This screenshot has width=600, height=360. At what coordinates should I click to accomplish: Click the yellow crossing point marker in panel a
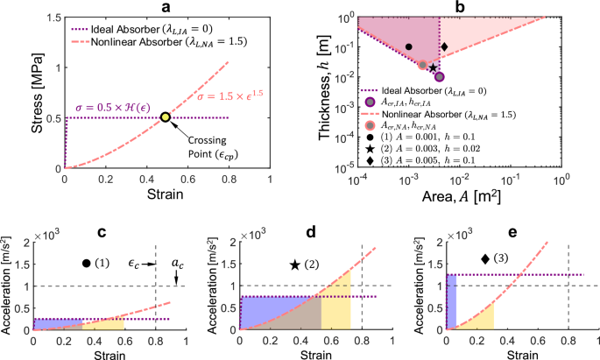coord(166,117)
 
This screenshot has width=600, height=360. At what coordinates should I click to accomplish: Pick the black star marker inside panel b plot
coord(433,67)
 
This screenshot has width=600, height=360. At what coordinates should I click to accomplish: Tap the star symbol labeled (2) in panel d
coord(295,265)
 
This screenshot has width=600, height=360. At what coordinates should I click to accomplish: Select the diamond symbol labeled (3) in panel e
coord(486,258)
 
